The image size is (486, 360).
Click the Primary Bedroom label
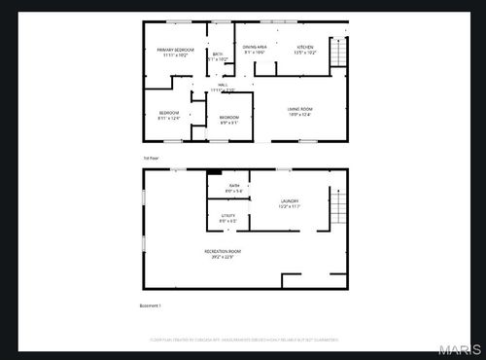[176, 49]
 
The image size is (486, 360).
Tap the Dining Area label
[256, 47]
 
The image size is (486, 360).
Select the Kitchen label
[303, 47]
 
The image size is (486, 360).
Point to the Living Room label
[299, 108]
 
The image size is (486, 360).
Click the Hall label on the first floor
[223, 86]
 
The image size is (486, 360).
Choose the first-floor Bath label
[217, 54]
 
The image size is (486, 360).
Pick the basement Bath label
[234, 185]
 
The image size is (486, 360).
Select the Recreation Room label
[223, 251]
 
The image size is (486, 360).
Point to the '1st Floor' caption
[149, 157]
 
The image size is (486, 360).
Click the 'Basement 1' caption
[150, 306]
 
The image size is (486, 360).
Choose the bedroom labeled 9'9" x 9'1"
[228, 121]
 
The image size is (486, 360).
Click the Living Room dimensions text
[299, 114]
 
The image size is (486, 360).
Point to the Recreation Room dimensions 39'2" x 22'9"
[223, 257]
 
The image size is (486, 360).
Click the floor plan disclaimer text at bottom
[243, 340]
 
